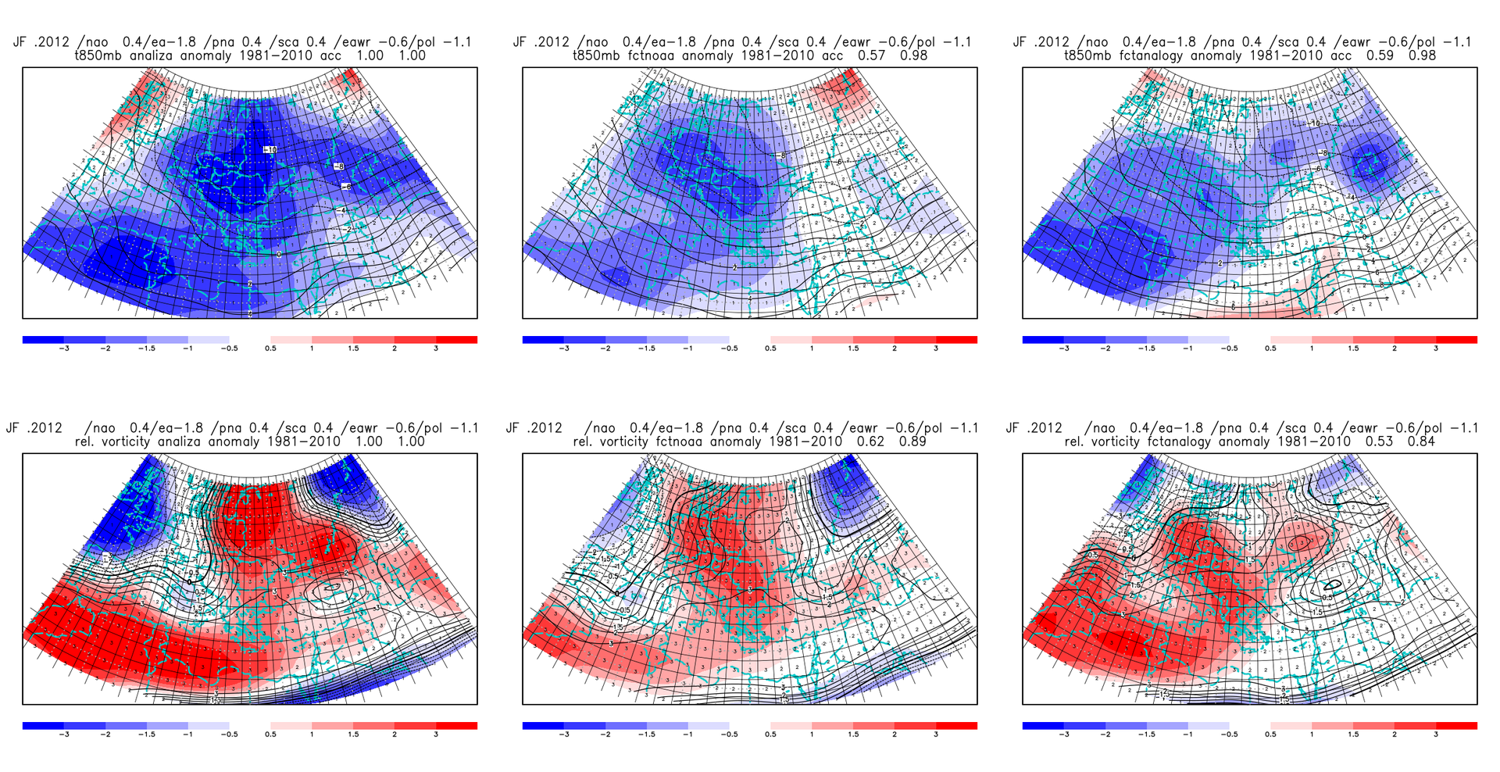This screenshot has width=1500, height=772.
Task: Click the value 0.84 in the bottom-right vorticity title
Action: (1421, 441)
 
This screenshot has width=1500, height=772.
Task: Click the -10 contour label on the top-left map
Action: (270, 150)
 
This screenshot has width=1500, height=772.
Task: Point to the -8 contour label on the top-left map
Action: (338, 166)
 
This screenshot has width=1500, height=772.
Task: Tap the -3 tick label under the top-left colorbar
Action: (64, 348)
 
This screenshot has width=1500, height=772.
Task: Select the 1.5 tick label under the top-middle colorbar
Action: (853, 348)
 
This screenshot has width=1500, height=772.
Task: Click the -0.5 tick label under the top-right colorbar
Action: (1229, 348)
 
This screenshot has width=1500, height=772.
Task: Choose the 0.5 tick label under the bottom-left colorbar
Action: (270, 734)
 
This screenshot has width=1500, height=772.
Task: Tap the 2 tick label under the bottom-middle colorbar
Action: (895, 734)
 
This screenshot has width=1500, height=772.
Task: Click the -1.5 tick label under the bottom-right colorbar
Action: (1146, 734)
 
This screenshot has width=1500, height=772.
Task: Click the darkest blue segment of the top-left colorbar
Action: (43, 340)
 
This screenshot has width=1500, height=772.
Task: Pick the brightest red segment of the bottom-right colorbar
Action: (1456, 726)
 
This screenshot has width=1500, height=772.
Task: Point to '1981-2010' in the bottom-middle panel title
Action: (805, 441)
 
